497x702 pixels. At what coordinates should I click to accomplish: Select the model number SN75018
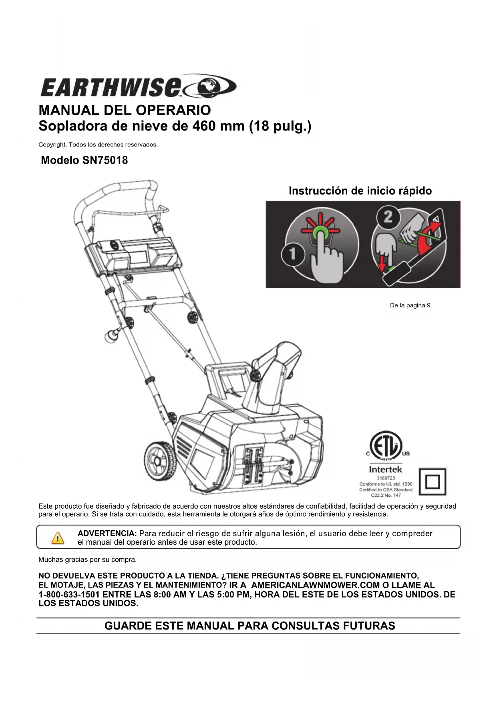[105, 160]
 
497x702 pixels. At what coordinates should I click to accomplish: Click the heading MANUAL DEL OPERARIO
[125, 110]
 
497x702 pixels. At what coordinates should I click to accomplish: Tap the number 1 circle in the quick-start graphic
[293, 254]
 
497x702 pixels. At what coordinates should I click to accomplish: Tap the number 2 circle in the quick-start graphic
[388, 217]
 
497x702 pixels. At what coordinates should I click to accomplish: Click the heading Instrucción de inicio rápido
[360, 191]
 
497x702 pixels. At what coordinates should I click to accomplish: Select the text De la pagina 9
[410, 305]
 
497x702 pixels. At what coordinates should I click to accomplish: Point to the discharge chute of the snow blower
[276, 368]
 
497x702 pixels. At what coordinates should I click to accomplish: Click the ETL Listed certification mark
[386, 445]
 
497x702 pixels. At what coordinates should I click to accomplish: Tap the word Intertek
[385, 469]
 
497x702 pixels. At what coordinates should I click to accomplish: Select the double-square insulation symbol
[432, 482]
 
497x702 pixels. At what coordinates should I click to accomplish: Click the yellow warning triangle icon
[58, 538]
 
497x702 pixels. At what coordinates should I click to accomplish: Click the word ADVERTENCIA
[107, 534]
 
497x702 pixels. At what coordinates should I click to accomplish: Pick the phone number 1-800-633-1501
[69, 594]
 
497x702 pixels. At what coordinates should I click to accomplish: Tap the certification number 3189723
[386, 478]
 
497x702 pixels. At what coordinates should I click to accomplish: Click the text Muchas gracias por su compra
[87, 560]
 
